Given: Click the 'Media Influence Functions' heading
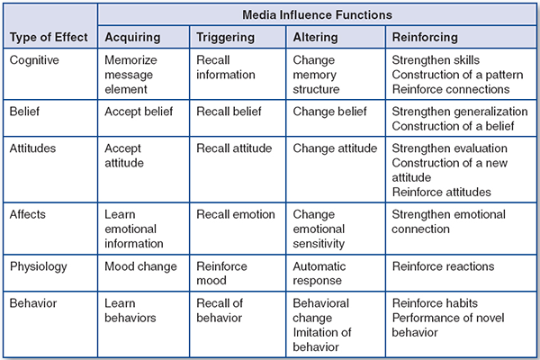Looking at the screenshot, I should pos(316,15).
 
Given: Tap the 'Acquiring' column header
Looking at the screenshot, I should pos(133,37).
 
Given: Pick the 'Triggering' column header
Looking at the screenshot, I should pos(225,37).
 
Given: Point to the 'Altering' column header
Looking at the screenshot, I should pos(315,37).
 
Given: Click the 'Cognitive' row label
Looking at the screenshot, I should pos(35,59).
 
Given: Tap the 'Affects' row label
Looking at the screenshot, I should pos(30,214).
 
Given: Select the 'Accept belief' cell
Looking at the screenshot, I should pos(139,112).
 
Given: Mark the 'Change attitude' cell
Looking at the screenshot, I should pos(333,148).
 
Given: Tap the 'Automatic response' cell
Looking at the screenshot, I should pos(319,274).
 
